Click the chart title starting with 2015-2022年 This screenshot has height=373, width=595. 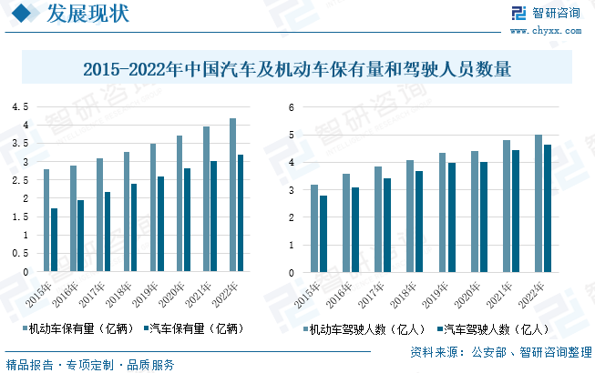click(297, 69)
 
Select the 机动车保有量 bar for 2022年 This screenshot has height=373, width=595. click(233, 195)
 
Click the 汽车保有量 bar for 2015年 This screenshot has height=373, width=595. click(54, 240)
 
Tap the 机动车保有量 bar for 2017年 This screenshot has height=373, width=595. click(99, 215)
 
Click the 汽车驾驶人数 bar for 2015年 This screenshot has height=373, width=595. click(323, 234)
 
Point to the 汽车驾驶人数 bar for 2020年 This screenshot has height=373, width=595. click(484, 217)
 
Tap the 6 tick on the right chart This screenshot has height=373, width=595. click(292, 107)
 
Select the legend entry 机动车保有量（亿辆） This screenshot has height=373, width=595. click(79, 328)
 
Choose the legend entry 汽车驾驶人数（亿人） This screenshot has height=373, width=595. click(494, 328)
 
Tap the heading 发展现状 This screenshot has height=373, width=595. click(88, 14)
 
